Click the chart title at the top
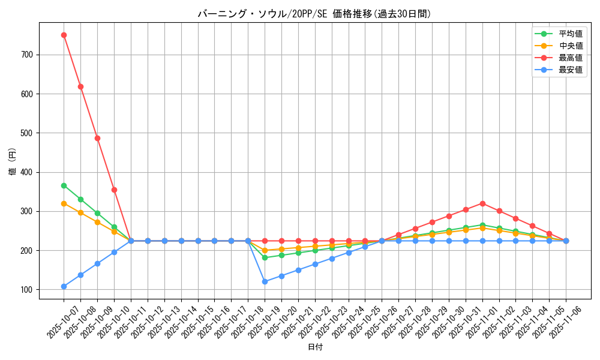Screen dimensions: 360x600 coord(314,14)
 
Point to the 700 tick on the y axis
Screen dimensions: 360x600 coord(28,55)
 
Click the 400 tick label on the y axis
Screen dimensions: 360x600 coord(28,172)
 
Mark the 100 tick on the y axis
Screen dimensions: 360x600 coord(28,290)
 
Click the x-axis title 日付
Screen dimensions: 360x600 coord(314,347)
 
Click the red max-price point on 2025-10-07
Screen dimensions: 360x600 coord(64,35)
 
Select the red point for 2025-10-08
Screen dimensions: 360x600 coord(80,86)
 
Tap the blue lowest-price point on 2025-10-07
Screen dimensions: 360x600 coord(64,286)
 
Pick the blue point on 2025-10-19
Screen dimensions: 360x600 coord(265,281)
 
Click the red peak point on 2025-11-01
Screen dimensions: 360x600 coord(482,203)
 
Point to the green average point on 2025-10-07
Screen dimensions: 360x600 coord(64,185)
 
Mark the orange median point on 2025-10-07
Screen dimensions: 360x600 coord(64,203)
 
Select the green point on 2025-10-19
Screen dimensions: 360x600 coord(265,257)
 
